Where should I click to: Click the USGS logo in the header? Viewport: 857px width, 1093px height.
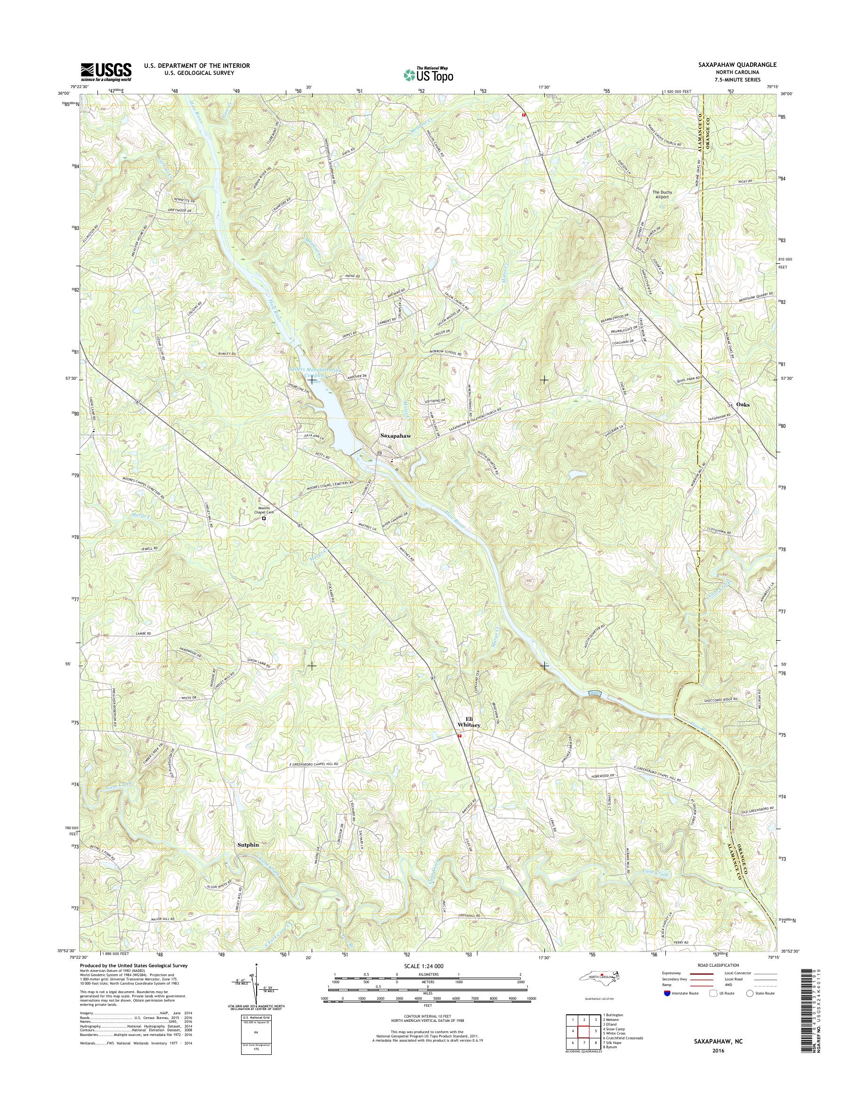pyautogui.click(x=106, y=72)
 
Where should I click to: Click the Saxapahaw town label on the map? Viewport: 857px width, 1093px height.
pyautogui.click(x=395, y=436)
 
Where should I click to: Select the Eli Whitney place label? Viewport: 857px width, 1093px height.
pyautogui.click(x=469, y=722)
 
